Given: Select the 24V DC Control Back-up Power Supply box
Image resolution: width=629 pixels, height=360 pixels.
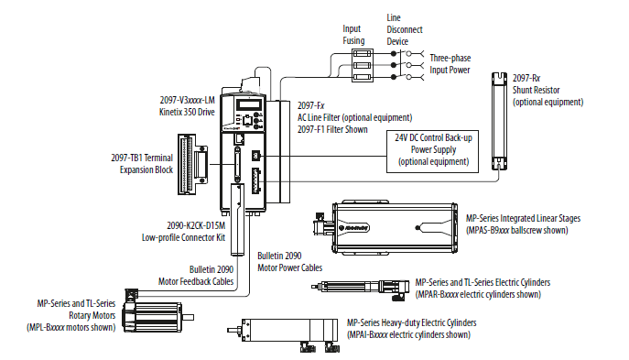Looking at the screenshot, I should tap(432, 148).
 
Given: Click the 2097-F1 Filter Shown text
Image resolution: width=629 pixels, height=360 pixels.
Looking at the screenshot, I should tap(331, 129).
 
